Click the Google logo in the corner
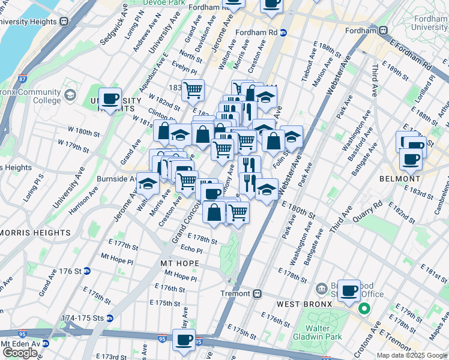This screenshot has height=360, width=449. click(x=20, y=353)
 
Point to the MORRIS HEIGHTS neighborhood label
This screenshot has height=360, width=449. click(x=36, y=232)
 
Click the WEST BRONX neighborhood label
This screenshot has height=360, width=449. click(x=304, y=304)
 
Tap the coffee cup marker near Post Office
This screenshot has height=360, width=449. click(x=349, y=291)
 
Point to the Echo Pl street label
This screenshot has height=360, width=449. click(x=191, y=250)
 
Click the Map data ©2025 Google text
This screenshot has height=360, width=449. click(x=412, y=355)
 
